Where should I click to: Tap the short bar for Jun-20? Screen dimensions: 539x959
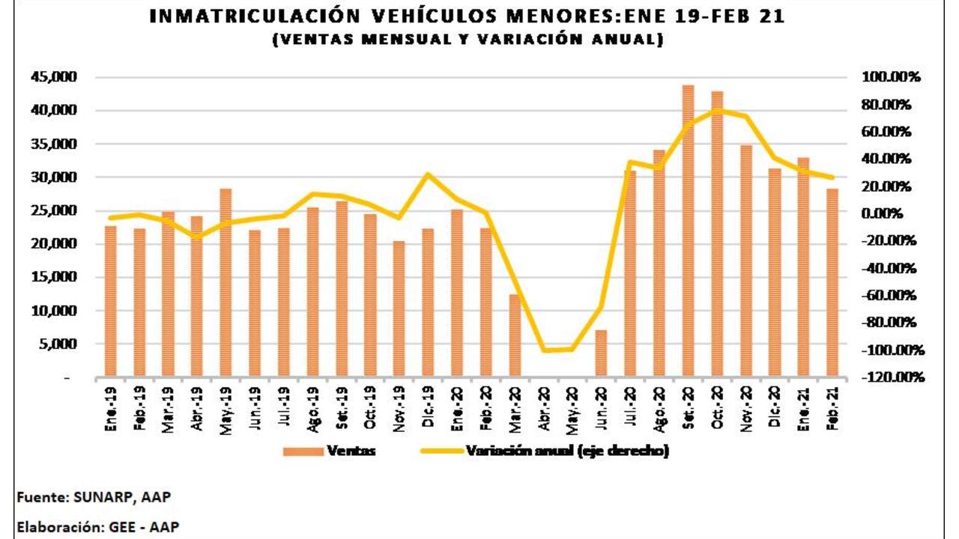point(601,353)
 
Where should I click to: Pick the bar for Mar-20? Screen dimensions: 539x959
point(515,335)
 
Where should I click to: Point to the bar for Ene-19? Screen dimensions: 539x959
point(110,301)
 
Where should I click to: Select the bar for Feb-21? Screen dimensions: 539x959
point(832,283)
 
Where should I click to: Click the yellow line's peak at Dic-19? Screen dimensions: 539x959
point(428,174)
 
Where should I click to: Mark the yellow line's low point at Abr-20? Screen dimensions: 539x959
point(543,350)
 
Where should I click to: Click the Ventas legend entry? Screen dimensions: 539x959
point(329,451)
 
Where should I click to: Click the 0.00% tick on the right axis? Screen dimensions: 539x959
point(885,214)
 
